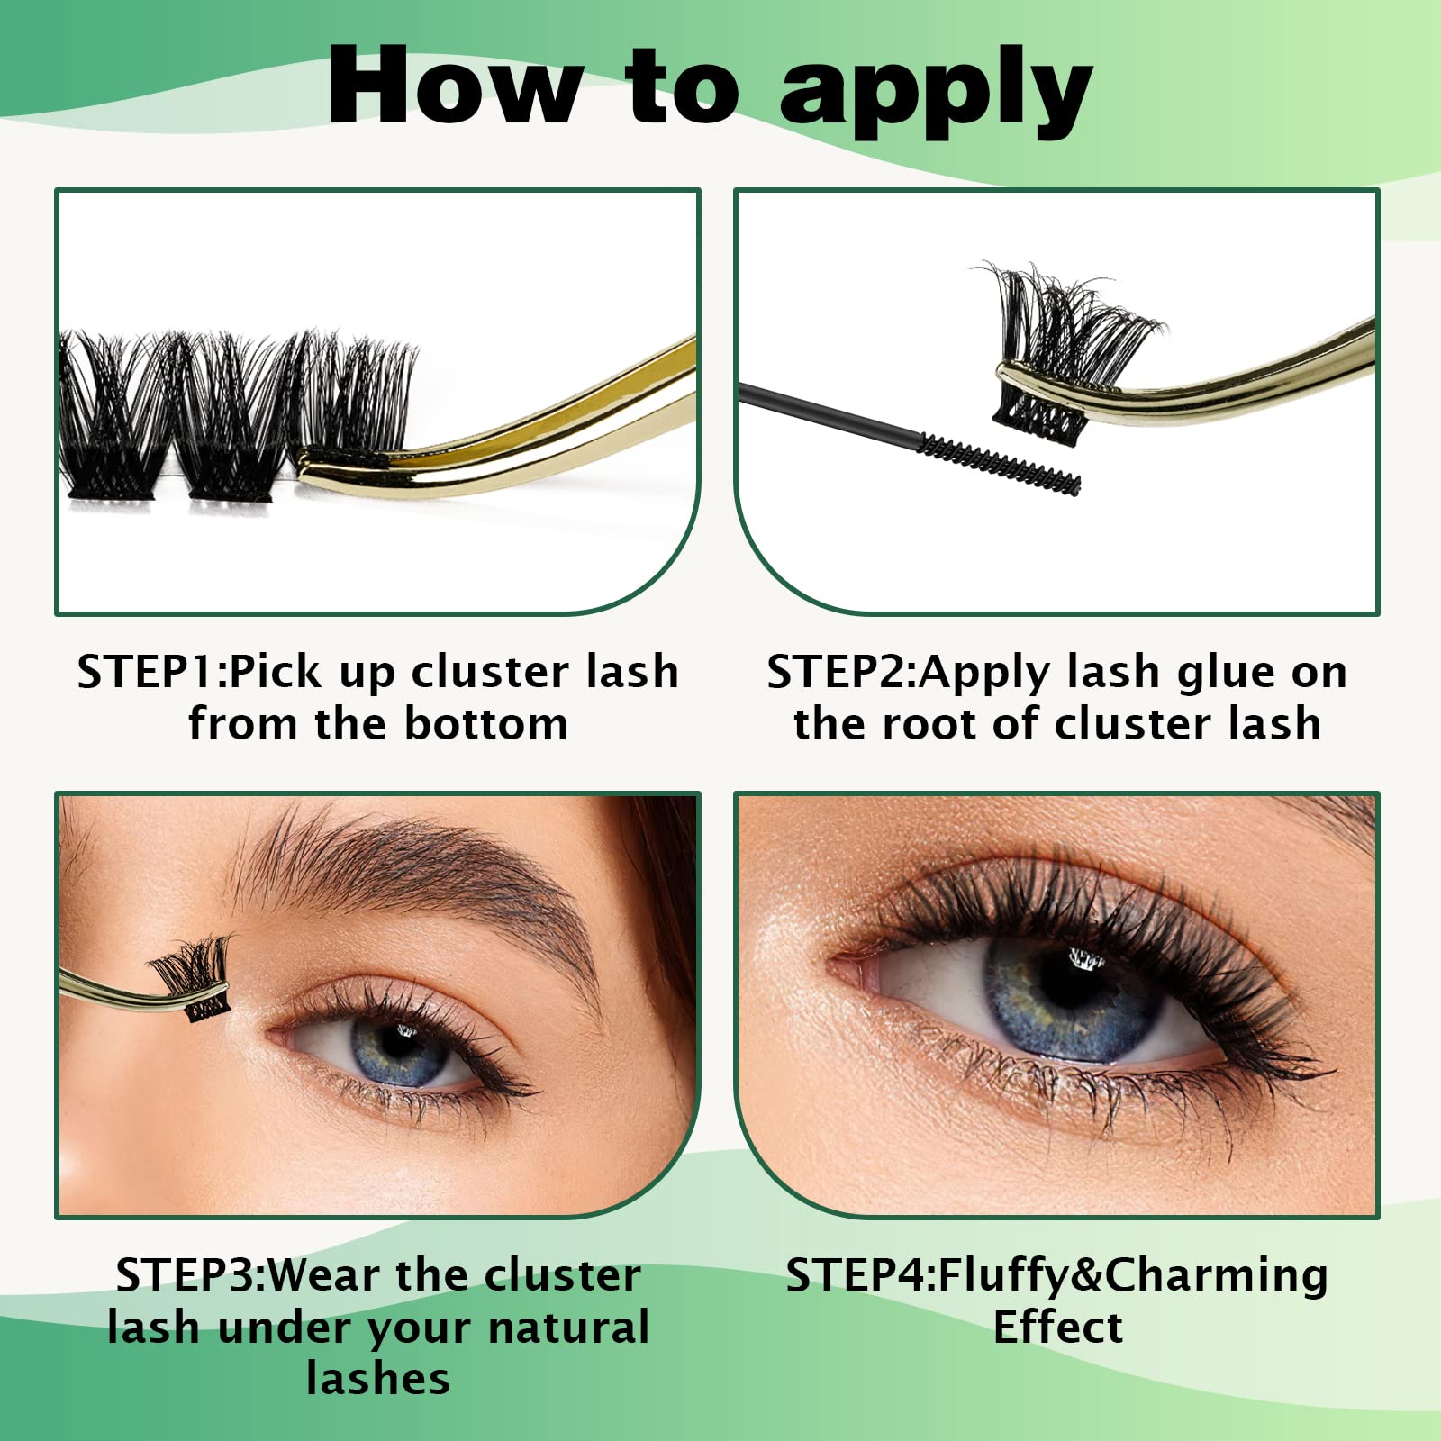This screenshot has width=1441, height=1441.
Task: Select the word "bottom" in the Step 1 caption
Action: point(485,723)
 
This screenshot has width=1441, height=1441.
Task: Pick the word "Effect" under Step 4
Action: point(1058,1327)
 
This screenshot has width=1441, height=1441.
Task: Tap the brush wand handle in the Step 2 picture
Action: point(829,410)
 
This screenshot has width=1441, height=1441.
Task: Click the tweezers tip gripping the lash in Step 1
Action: point(342,463)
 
